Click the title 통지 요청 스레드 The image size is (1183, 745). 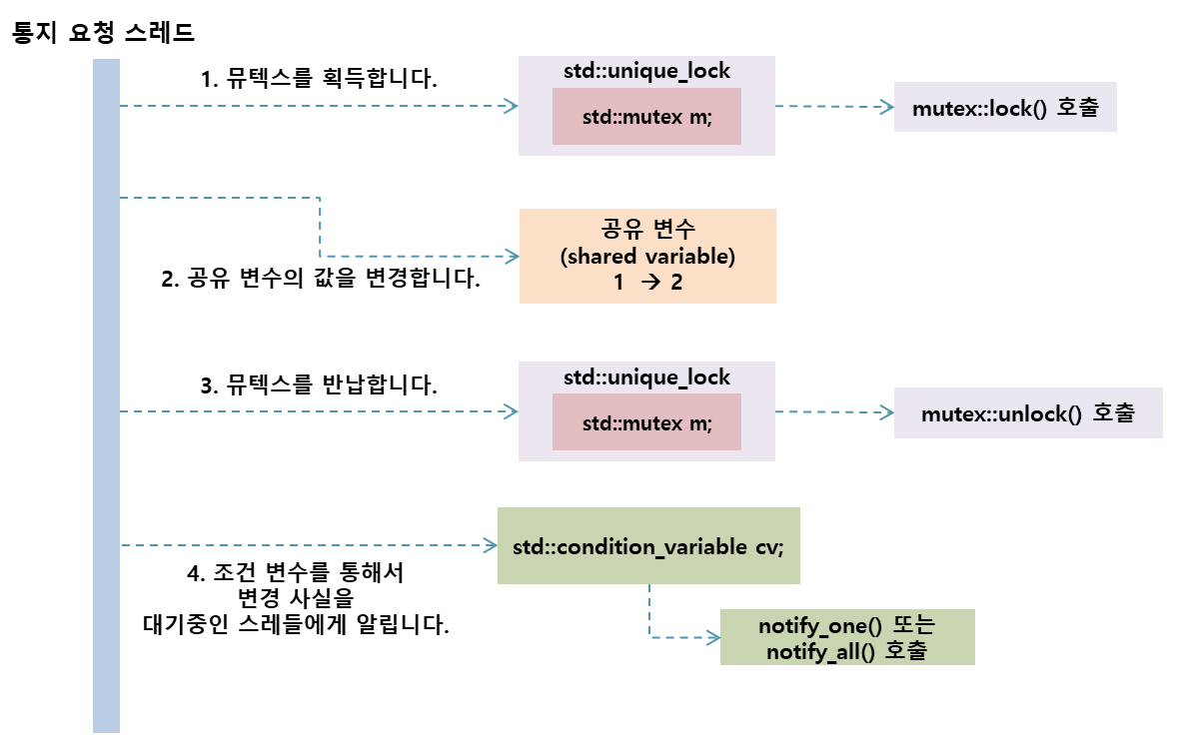[x=102, y=32]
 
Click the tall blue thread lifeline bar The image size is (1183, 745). [x=106, y=399]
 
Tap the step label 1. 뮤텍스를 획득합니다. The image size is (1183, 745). [x=320, y=78]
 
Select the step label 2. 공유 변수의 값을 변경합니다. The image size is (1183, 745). [x=321, y=279]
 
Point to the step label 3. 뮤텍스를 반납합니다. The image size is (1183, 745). [x=320, y=384]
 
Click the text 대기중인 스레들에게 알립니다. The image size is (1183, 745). [x=296, y=626]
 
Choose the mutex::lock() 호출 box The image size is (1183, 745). [x=1004, y=108]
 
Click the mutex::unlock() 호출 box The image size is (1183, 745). [x=1028, y=412]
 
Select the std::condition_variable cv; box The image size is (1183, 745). [x=648, y=546]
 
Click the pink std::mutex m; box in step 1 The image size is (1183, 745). [x=646, y=117]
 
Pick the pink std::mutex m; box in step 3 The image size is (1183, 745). [x=646, y=421]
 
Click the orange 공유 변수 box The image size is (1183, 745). [x=646, y=256]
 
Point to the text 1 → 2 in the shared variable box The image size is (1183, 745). [x=647, y=283]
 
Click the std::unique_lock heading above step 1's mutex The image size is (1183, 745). [x=646, y=71]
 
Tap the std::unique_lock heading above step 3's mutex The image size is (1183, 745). [x=646, y=377]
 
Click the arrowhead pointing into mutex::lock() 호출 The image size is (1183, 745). [x=886, y=106]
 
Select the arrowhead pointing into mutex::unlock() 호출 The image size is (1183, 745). [x=886, y=411]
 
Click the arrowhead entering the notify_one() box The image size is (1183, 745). [x=712, y=636]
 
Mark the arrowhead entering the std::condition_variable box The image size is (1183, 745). [x=491, y=545]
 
